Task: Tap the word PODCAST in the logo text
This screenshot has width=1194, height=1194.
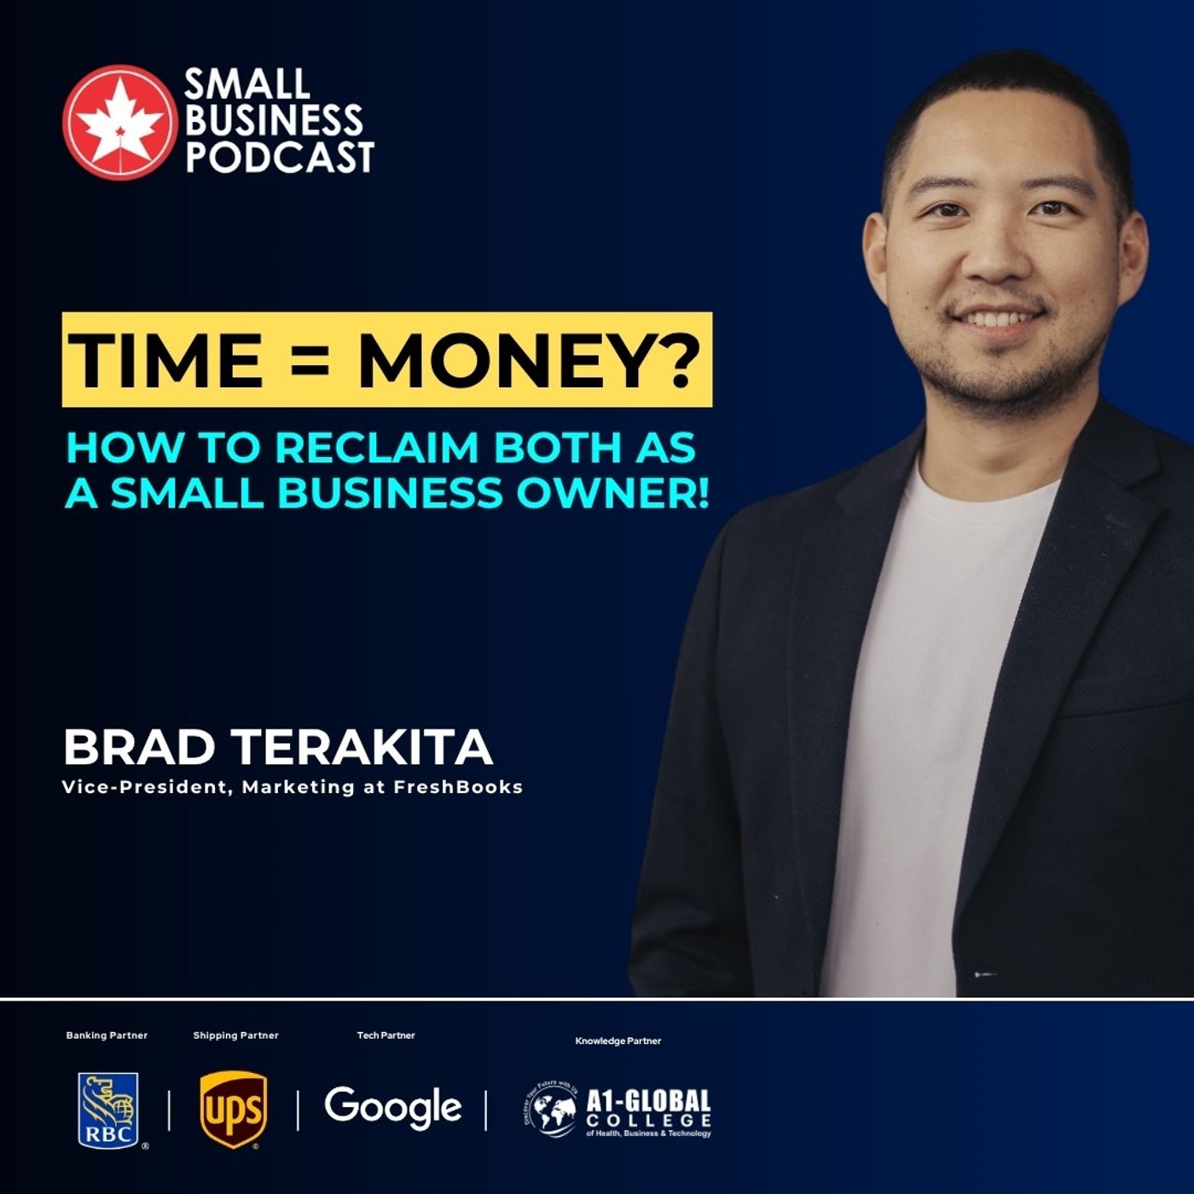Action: tap(280, 158)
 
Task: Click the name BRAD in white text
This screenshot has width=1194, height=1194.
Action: tap(139, 747)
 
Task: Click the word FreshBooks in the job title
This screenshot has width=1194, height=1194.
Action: tap(458, 787)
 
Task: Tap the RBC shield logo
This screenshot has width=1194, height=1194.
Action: tap(108, 1110)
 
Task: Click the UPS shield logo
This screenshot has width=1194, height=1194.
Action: tap(233, 1110)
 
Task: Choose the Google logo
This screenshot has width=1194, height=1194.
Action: tap(392, 1107)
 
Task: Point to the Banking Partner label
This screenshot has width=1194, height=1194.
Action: tap(107, 1035)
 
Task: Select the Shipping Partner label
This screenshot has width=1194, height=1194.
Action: tap(235, 1035)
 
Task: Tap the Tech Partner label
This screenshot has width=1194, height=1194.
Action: tap(385, 1035)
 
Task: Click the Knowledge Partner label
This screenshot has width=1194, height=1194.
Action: tap(618, 1040)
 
